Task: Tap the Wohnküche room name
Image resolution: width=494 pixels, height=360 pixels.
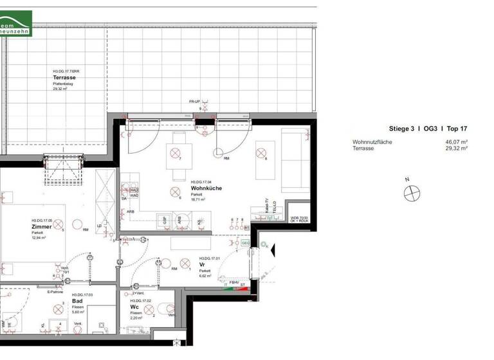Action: [x=206, y=188]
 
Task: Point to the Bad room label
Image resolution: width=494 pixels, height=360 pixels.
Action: [x=77, y=301]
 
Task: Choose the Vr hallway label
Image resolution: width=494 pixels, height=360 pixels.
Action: [x=201, y=265]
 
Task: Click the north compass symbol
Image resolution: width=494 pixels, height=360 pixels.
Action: [x=410, y=192]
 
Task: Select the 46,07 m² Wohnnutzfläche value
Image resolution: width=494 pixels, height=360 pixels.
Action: [x=456, y=141]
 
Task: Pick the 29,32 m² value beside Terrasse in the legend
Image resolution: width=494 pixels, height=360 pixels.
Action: [x=456, y=148]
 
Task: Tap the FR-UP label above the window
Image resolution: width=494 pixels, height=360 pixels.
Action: [x=195, y=102]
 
